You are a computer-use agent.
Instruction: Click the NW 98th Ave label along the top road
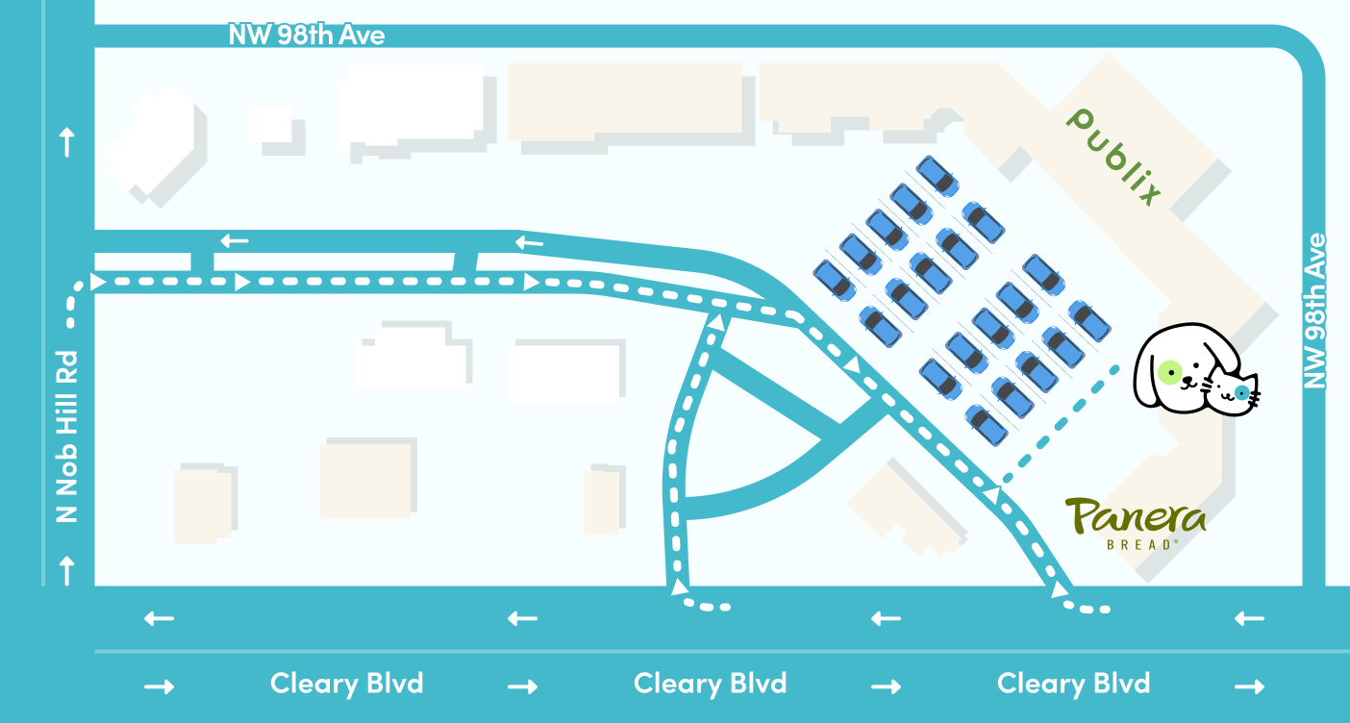306,36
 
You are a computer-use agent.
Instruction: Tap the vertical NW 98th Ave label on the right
1313,311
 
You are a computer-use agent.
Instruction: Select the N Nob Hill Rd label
66,436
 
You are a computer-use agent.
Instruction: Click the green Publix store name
1115,157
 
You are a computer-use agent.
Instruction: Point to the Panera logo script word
1135,516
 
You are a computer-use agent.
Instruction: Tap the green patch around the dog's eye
1169,372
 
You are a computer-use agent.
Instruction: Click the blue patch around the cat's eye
1241,392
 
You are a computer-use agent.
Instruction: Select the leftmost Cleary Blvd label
346,685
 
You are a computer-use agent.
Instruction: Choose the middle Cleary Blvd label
710,685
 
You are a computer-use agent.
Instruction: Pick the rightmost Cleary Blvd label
1073,685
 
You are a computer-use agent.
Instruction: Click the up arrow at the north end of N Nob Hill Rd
67,143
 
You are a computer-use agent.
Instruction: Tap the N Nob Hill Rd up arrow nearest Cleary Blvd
67,571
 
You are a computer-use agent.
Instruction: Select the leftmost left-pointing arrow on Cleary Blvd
159,618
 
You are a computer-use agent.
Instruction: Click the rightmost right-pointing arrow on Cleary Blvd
1249,686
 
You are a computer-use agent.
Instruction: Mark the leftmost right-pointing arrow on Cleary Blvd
159,686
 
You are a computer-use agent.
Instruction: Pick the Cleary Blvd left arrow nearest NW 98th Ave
1249,618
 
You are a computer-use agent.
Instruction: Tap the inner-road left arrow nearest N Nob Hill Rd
235,240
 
